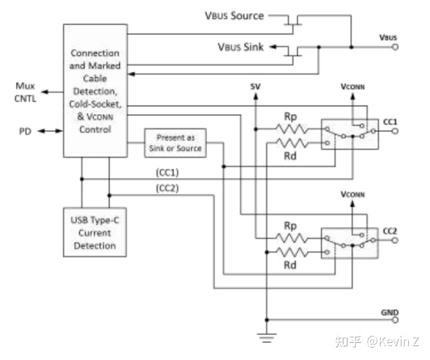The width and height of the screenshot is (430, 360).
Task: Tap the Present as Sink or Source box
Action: click(175, 143)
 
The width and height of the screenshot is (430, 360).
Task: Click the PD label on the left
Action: click(25, 129)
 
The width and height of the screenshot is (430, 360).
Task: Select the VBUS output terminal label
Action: click(388, 37)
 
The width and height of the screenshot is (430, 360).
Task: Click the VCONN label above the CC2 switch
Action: click(352, 195)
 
